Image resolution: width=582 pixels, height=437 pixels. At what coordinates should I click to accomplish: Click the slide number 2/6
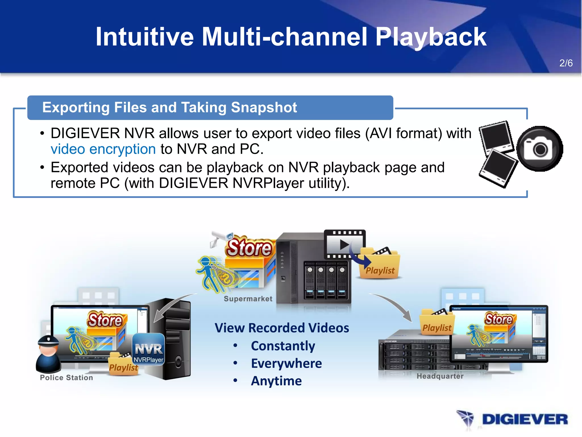coord(566,63)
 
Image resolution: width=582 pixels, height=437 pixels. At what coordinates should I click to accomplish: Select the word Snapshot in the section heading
coord(264,108)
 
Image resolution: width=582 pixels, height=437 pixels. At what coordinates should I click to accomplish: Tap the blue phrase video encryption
coord(103,149)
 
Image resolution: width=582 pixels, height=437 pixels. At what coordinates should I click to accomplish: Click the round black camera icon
coord(539,149)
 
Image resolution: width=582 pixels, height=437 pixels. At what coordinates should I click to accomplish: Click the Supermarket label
coord(248,299)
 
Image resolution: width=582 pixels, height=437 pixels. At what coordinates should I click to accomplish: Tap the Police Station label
coord(66,378)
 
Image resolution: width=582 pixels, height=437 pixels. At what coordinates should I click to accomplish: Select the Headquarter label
coord(440,376)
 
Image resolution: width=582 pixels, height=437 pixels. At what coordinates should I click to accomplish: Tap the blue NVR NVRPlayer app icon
coord(149,350)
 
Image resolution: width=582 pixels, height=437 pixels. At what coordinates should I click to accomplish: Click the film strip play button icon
coord(344,244)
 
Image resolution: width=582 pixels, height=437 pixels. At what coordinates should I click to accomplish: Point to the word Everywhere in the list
coord(286,363)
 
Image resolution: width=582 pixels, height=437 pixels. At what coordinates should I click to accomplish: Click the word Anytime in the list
coord(276,381)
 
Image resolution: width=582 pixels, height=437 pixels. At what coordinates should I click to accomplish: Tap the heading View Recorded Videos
coord(282,328)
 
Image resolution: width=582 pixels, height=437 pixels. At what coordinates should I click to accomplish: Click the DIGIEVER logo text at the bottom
coord(525,420)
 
